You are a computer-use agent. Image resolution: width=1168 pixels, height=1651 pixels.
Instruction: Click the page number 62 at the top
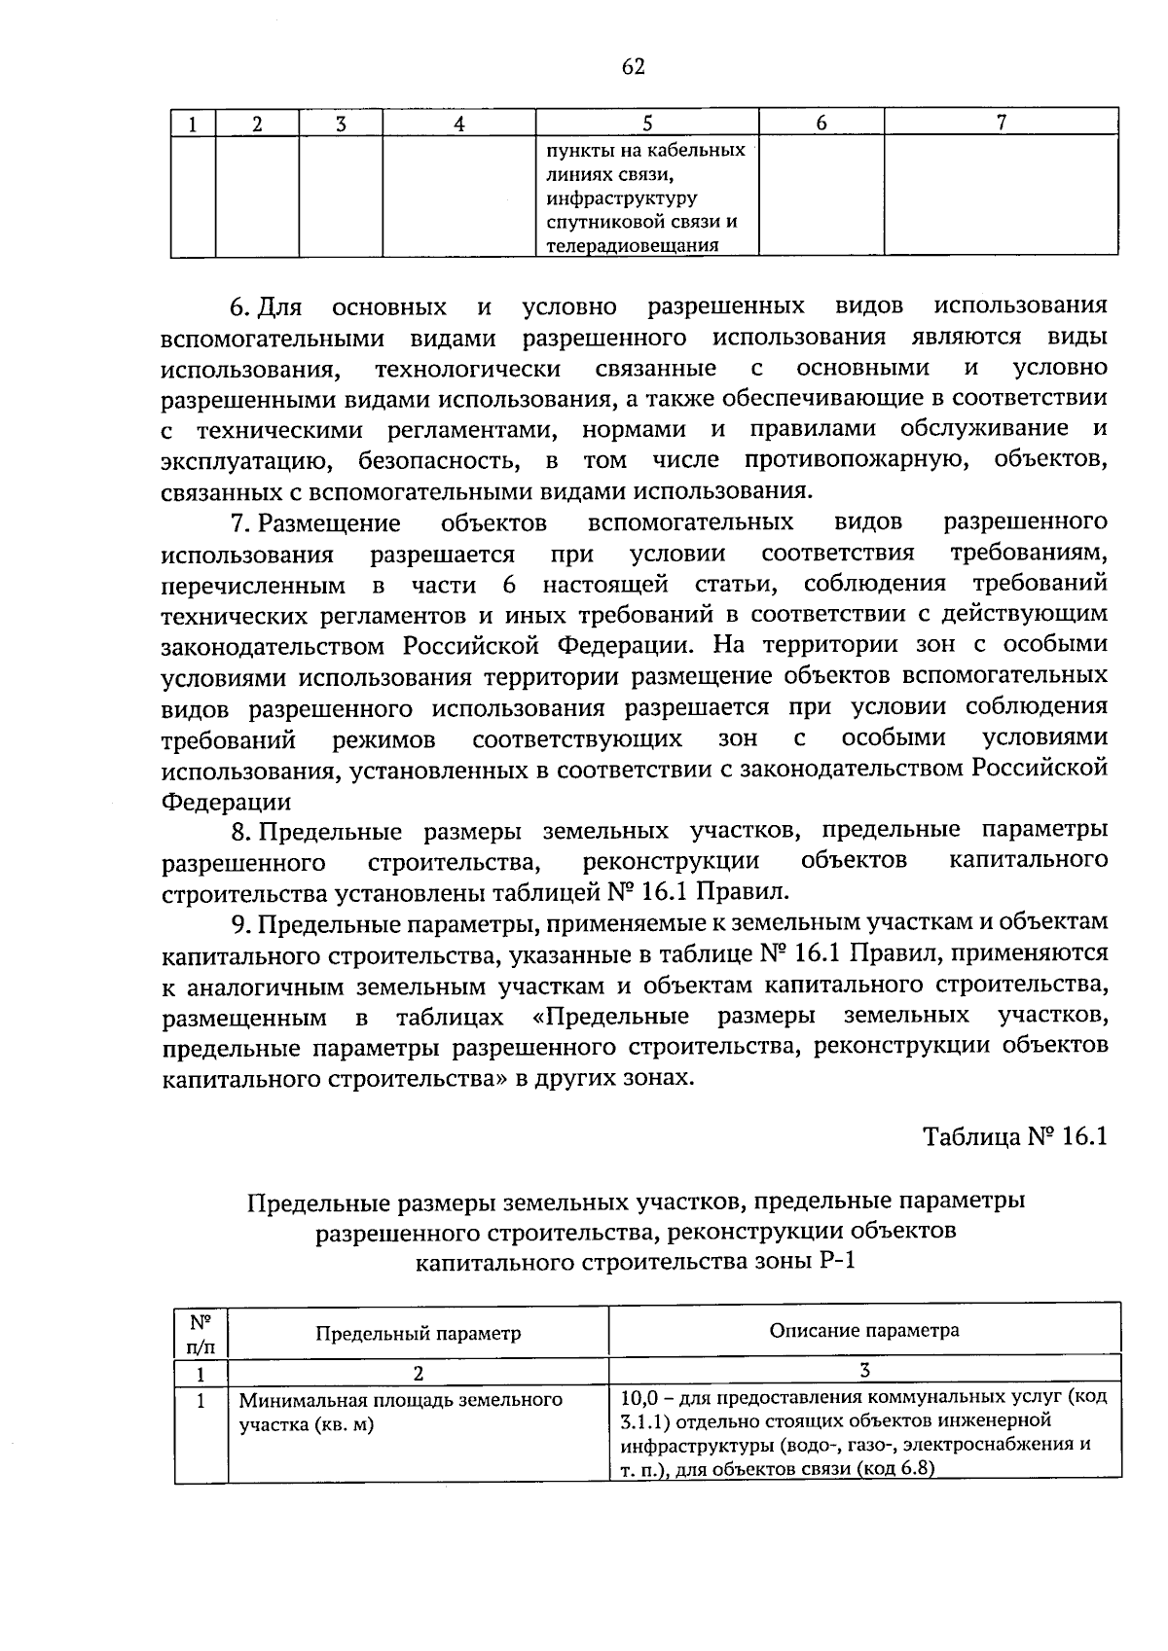pyautogui.click(x=633, y=66)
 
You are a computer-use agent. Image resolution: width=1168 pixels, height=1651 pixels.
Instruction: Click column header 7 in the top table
pyautogui.click(x=1001, y=122)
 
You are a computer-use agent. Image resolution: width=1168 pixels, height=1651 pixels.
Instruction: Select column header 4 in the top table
pyautogui.click(x=458, y=123)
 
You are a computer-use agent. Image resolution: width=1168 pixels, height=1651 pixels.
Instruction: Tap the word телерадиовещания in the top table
pyautogui.click(x=633, y=245)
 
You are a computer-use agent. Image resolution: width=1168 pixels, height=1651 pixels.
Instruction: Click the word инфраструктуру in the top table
pyautogui.click(x=622, y=198)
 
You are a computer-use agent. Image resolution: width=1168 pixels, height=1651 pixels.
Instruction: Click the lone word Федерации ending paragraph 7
pyautogui.click(x=226, y=802)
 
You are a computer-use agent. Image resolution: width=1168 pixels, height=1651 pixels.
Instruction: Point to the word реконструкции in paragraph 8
pyautogui.click(x=671, y=862)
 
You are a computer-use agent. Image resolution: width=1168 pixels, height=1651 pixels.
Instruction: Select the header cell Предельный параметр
pyautogui.click(x=418, y=1333)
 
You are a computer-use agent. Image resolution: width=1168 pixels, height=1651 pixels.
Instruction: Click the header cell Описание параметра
pyautogui.click(x=864, y=1330)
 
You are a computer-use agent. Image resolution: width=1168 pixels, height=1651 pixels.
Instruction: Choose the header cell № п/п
pyautogui.click(x=201, y=1333)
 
